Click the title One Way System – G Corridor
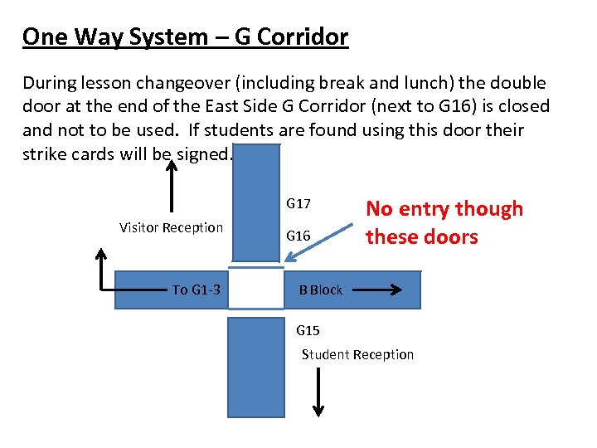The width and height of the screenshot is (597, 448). (185, 37)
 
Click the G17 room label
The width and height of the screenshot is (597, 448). (298, 203)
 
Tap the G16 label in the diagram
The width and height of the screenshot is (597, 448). (298, 236)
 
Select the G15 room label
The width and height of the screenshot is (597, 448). (308, 330)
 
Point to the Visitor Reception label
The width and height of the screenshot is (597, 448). (171, 227)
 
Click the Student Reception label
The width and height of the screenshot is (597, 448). (357, 354)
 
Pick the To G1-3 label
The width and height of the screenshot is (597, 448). (196, 290)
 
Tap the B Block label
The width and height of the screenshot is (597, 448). (321, 290)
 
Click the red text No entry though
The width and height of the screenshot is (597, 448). (444, 208)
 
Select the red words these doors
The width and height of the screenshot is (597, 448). (422, 236)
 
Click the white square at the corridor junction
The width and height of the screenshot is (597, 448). (256, 288)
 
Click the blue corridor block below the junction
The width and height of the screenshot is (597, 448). (255, 365)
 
